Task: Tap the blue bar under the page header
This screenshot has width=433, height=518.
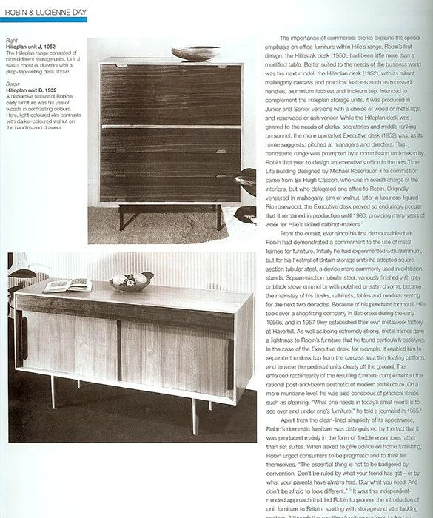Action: click(x=44, y=18)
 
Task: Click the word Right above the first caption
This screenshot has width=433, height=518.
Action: click(x=13, y=40)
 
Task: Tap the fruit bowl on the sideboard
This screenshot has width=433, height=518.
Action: click(x=131, y=281)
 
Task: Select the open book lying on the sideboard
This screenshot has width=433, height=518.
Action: click(x=68, y=285)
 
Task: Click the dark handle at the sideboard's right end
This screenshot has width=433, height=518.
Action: click(x=229, y=358)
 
